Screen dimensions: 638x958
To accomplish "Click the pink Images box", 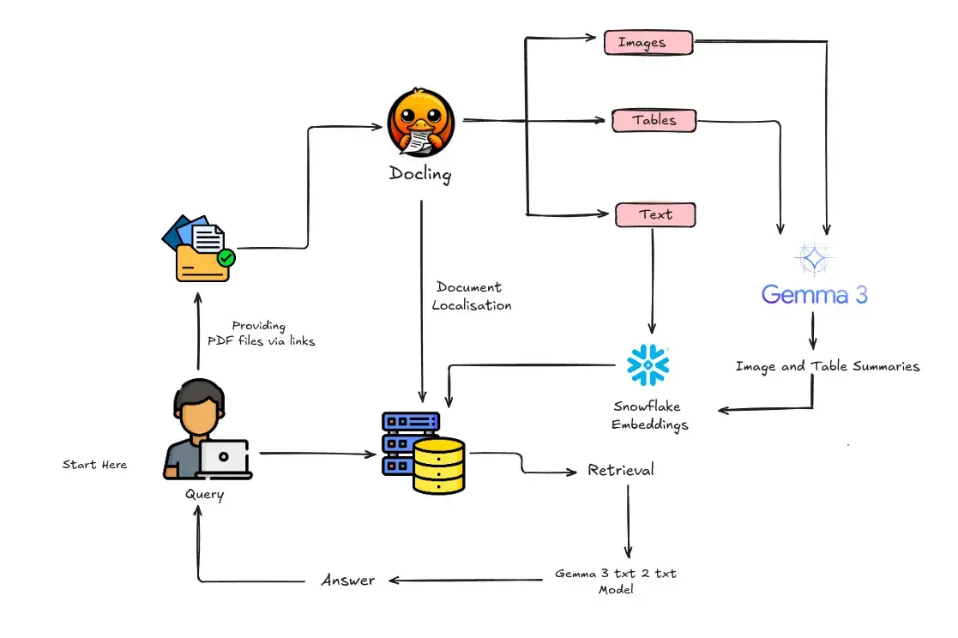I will tap(648, 42).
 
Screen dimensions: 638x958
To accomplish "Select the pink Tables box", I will tap(654, 120).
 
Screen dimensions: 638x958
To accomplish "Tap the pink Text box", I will tap(655, 214).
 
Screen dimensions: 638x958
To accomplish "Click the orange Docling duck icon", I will tap(420, 119).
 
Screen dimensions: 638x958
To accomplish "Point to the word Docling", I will tap(420, 173).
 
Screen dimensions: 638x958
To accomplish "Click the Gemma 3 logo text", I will tap(814, 294).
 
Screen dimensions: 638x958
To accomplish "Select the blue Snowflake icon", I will tap(648, 364).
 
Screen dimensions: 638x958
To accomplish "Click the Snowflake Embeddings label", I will tap(650, 415).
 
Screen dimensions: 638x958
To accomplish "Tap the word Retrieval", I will tap(621, 470).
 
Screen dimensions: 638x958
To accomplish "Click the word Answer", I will tap(347, 581).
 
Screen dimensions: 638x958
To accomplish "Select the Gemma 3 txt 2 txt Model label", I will tap(616, 581).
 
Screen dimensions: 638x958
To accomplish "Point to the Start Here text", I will tap(94, 465).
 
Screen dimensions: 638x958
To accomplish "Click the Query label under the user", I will tap(204, 495).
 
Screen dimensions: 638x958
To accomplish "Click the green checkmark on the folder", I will tap(226, 256).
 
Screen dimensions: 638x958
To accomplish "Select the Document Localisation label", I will tap(471, 296).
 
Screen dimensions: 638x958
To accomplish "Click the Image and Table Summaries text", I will tap(827, 366).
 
